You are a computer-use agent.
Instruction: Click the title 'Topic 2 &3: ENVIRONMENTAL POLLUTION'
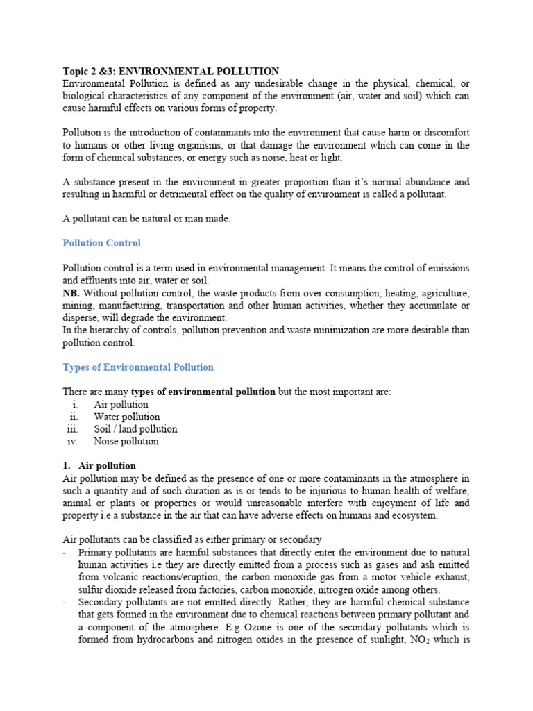171,72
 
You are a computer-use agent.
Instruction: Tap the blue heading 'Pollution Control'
101,243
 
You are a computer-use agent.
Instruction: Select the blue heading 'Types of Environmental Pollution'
138,367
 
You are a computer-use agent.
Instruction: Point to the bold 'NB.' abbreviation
71,293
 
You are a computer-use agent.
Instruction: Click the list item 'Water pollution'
127,417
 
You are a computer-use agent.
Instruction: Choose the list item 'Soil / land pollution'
136,429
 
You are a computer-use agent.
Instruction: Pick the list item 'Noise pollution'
126,441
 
